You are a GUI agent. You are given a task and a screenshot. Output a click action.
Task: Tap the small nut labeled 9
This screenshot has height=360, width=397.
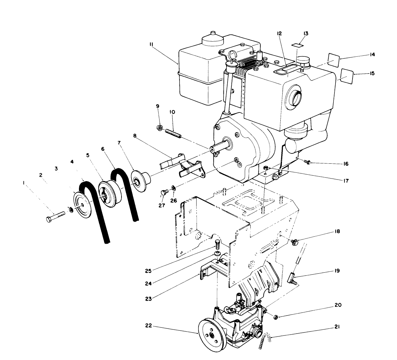[x=159, y=128]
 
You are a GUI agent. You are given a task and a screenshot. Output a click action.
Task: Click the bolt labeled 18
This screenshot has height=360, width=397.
[x=294, y=242]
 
